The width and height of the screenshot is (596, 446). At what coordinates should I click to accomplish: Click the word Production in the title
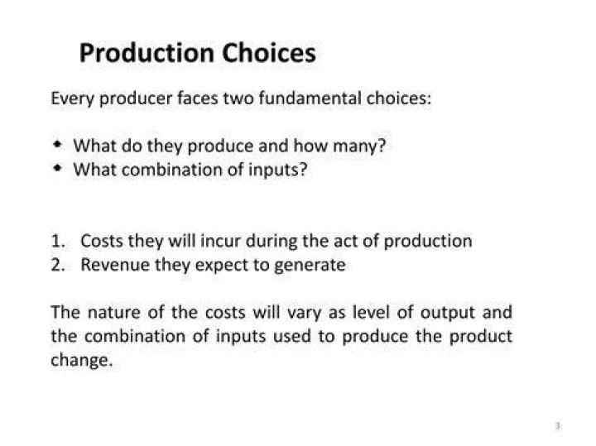147,53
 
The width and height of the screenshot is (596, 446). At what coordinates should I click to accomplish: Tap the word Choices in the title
269,52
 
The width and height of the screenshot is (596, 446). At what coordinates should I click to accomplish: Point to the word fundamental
310,98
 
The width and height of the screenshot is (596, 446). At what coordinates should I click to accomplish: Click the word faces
198,98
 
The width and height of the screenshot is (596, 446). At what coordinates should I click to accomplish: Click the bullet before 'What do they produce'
57,144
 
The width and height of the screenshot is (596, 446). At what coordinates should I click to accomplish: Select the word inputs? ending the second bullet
277,170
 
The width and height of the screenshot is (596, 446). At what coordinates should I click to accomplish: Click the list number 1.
58,242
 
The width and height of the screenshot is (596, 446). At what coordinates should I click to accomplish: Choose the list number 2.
58,265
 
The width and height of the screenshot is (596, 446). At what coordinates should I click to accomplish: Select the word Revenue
115,265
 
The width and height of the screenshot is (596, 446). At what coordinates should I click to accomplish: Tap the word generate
310,266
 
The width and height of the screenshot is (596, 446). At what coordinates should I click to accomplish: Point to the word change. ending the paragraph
82,360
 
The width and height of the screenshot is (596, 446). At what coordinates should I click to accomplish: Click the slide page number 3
558,426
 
